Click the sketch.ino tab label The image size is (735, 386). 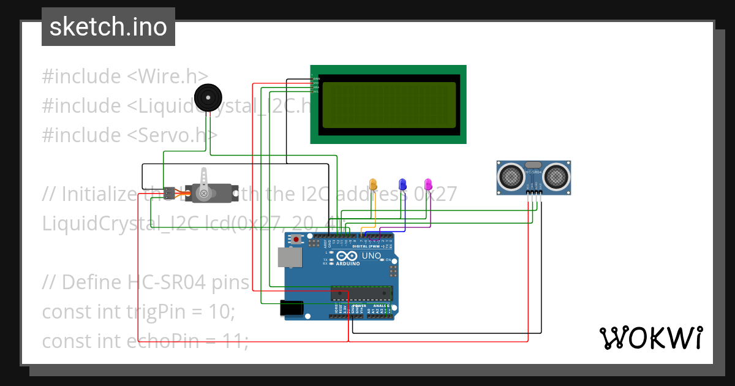pos(108,27)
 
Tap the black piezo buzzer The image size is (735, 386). pos(208,97)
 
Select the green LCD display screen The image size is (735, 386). pos(388,105)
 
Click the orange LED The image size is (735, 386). pos(373,184)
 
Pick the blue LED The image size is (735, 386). pos(402,184)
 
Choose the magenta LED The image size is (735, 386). pos(428,184)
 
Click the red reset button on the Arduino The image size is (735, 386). pos(297,240)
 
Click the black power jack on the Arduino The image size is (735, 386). pos(292,308)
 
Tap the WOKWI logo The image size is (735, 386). pos(650,338)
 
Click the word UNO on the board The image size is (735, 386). pos(371,255)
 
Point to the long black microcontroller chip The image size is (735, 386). pos(361,292)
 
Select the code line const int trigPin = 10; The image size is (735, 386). pos(138,311)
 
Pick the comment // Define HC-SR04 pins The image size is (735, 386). pos(146,282)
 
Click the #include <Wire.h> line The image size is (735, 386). pos(125,77)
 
